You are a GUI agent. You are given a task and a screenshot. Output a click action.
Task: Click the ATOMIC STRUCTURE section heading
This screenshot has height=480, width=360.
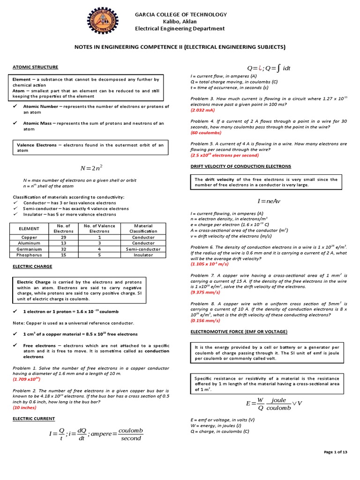(x=35, y=67)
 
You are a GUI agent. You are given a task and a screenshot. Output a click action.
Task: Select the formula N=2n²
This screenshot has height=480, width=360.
(x=88, y=168)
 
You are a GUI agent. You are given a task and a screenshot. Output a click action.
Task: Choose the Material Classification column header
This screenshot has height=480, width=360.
(x=143, y=228)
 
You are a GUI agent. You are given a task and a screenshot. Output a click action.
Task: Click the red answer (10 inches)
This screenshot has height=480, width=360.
(x=24, y=407)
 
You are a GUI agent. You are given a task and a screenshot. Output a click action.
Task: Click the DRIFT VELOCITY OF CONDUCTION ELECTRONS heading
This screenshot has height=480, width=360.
(x=240, y=166)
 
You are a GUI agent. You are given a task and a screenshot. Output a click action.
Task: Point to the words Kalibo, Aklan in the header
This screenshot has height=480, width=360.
(x=180, y=22)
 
